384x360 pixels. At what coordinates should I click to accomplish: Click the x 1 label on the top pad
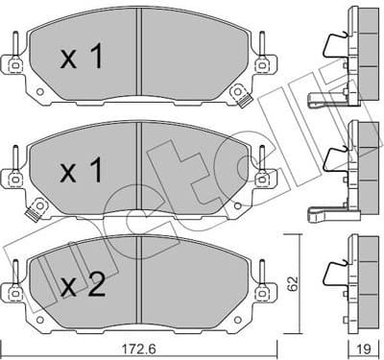tap(83, 57)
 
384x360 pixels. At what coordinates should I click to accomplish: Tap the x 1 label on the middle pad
tap(83, 172)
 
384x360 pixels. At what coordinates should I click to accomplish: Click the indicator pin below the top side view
tap(322, 99)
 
